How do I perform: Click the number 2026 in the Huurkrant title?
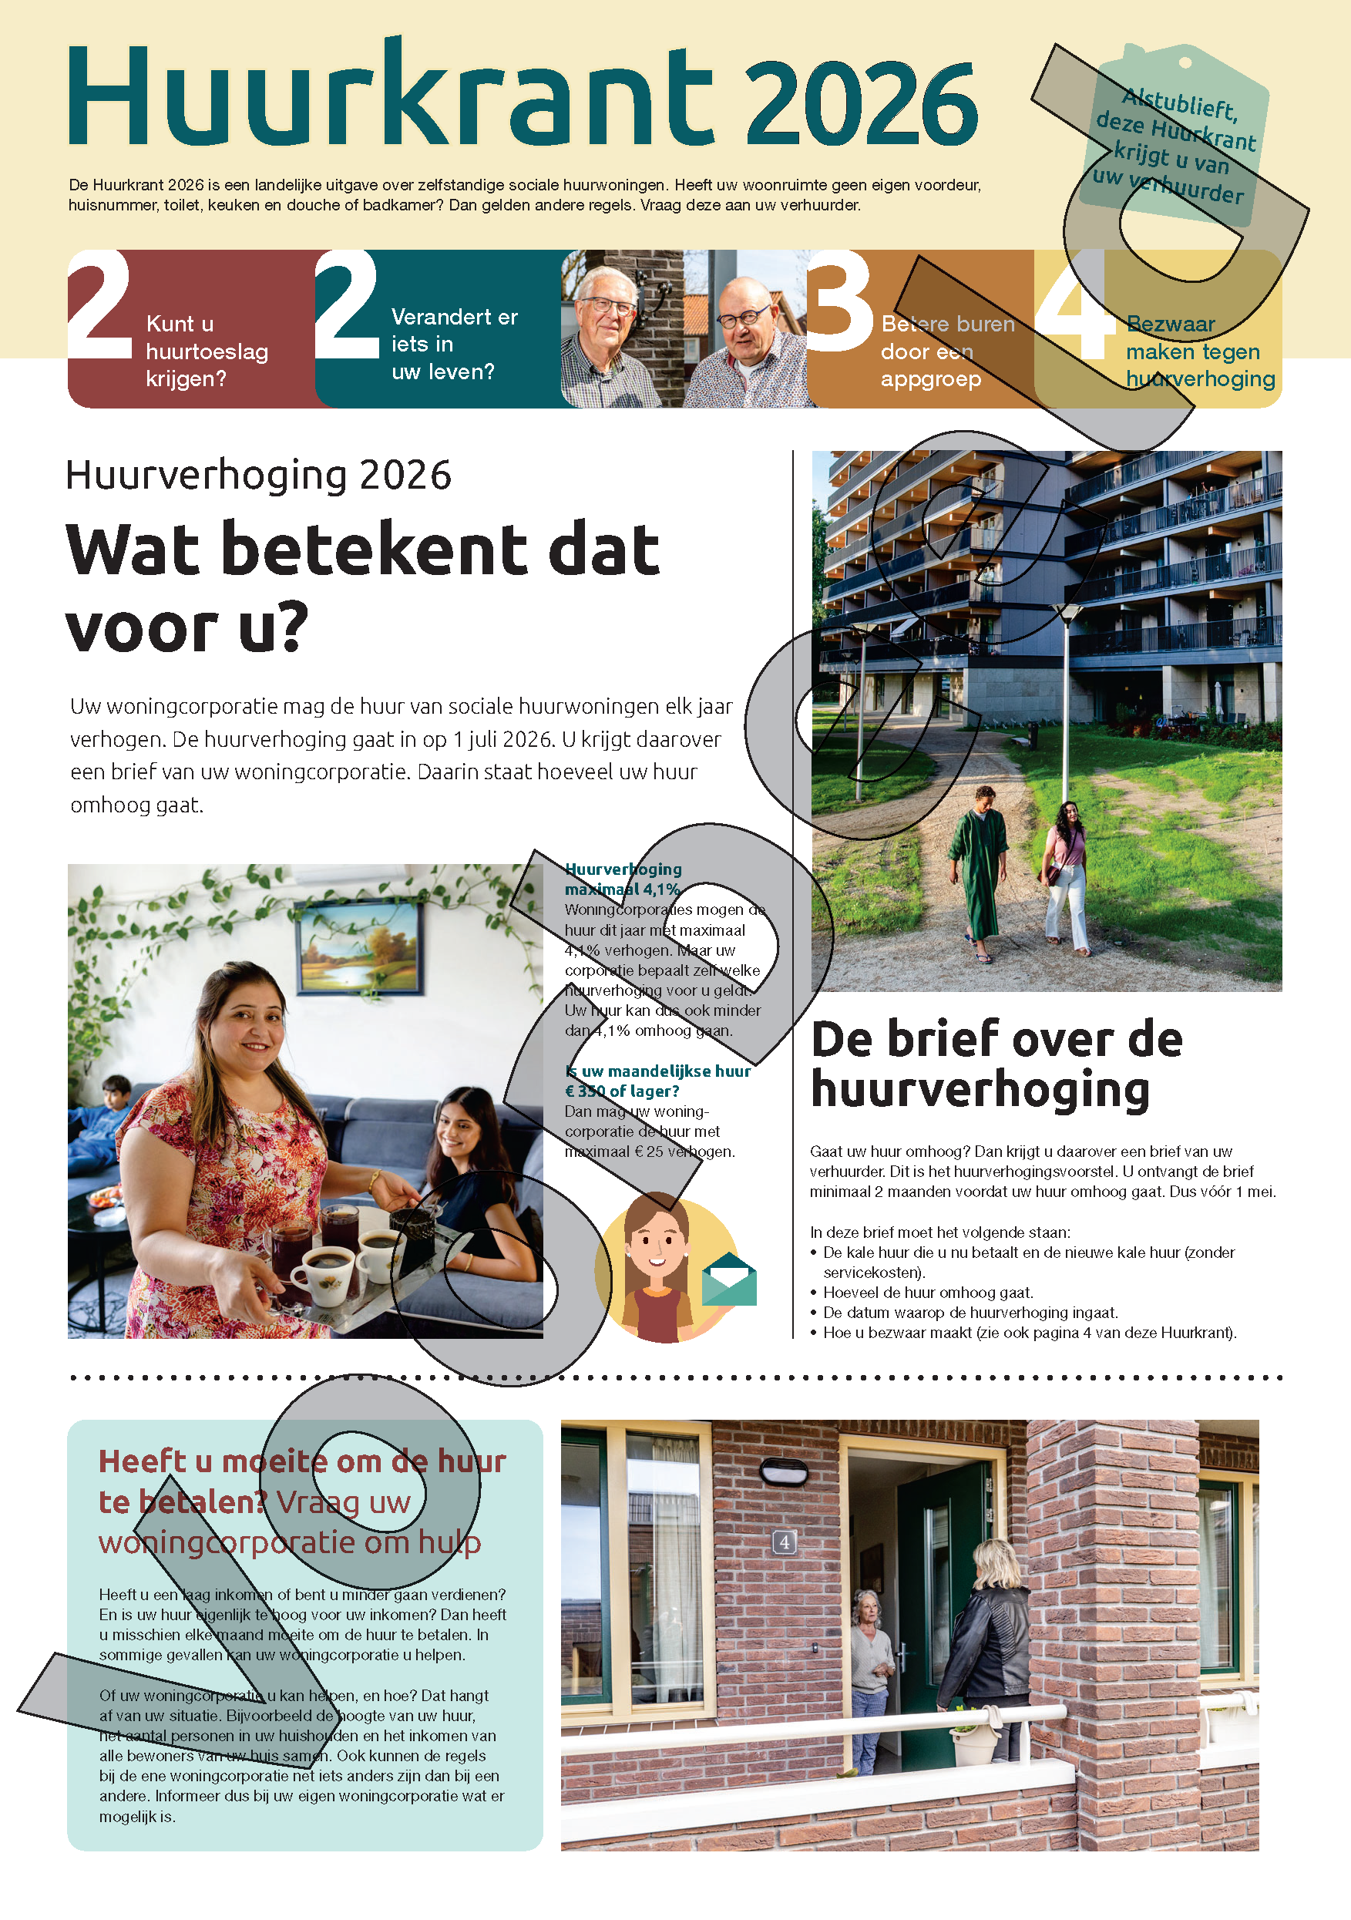[x=861, y=104]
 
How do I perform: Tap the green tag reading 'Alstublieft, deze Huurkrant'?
[x=1175, y=138]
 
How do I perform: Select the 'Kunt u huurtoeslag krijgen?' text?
[x=207, y=351]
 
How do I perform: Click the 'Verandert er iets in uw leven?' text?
[x=454, y=344]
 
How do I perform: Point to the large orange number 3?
[x=839, y=304]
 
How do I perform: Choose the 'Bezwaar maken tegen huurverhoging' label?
[x=1200, y=351]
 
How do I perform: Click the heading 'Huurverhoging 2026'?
[x=258, y=475]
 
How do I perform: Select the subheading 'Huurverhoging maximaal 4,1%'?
[x=623, y=879]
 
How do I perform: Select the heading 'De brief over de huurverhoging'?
[x=996, y=1064]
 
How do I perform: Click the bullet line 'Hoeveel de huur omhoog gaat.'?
[x=928, y=1292]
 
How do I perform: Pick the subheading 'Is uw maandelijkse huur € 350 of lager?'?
[x=657, y=1081]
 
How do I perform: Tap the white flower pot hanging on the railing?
[x=974, y=1743]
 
